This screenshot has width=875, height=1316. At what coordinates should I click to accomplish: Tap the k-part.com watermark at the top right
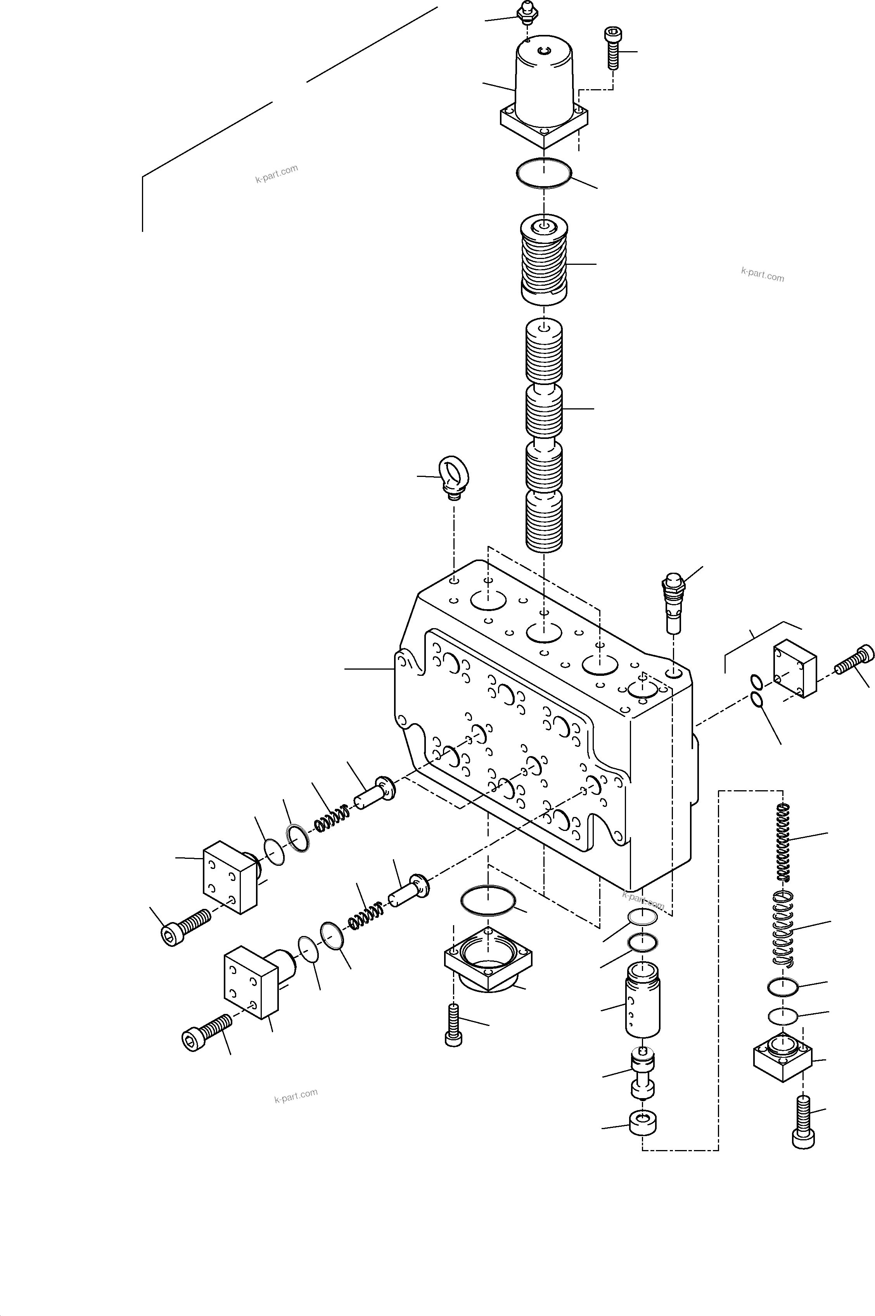pyautogui.click(x=762, y=275)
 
